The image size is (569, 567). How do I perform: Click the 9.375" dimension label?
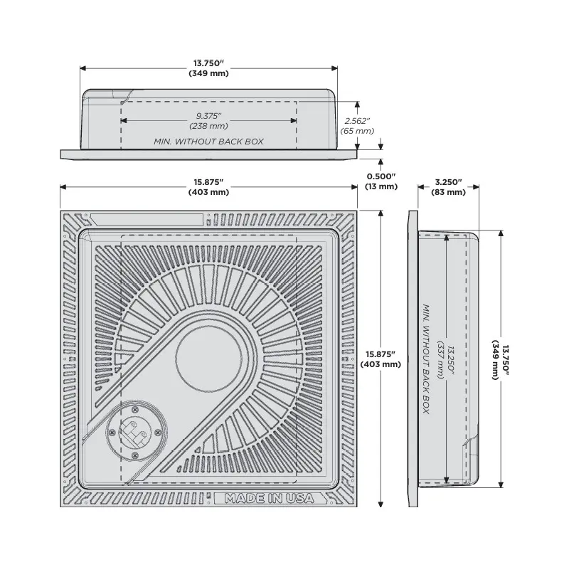tap(208, 116)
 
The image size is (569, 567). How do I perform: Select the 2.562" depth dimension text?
tap(358, 121)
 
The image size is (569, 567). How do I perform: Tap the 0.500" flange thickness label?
tap(381, 176)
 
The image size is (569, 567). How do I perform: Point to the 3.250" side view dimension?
tap(449, 182)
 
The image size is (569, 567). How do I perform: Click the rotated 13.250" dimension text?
tap(451, 359)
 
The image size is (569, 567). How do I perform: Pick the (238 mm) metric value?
tap(208, 126)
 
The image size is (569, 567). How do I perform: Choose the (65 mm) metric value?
tap(358, 131)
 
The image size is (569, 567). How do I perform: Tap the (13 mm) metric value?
tap(381, 186)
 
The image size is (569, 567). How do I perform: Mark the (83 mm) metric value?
tap(449, 192)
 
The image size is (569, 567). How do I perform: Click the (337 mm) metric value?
tap(441, 359)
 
